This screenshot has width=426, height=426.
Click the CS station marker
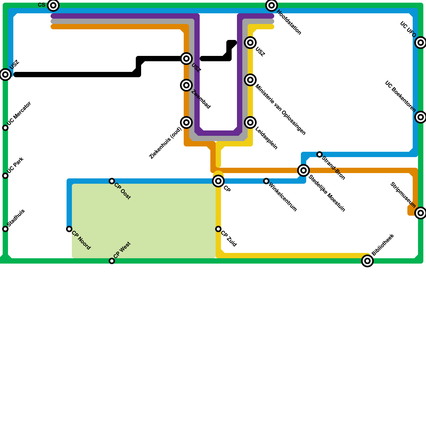click(x=53, y=5)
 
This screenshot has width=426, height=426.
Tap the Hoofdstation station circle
click(x=272, y=5)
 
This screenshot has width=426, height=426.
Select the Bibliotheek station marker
click(x=367, y=261)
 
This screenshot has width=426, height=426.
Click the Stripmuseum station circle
click(x=421, y=213)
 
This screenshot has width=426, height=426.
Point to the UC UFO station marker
click(x=421, y=43)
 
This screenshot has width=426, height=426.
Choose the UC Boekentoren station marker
click(x=421, y=117)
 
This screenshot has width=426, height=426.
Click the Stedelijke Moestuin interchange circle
click(x=304, y=170)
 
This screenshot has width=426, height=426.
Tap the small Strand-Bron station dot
click(x=319, y=154)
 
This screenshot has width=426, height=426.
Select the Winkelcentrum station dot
click(x=266, y=181)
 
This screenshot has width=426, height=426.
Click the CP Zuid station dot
click(x=218, y=229)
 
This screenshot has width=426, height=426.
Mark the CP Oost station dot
click(x=112, y=181)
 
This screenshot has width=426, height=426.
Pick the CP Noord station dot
click(x=69, y=229)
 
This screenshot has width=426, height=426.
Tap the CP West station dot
click(x=112, y=261)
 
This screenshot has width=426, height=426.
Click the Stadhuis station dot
click(x=5, y=229)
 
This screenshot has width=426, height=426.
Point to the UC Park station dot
click(x=5, y=176)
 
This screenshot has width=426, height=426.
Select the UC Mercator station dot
click(x=5, y=128)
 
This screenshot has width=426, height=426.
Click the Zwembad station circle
click(x=186, y=85)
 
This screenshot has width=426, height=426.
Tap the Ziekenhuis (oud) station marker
click(x=186, y=122)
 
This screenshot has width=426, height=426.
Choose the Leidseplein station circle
click(x=250, y=122)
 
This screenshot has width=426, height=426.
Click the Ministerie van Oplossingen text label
click(x=280, y=110)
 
